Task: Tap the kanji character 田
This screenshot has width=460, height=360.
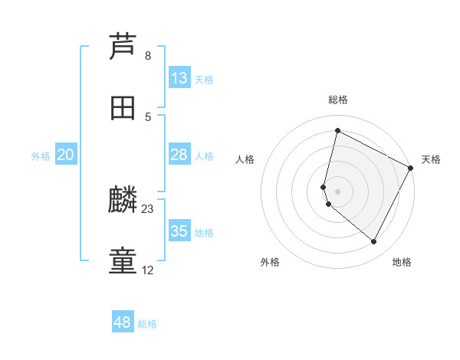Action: pos(123,108)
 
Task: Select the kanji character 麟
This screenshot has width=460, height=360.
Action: pos(123,201)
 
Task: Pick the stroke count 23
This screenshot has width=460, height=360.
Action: pos(148,209)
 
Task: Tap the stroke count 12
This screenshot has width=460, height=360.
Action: pos(148,270)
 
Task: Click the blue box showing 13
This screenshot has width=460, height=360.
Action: pos(179,78)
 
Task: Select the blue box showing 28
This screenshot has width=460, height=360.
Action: pos(179,155)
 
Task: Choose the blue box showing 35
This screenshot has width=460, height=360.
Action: pos(179,231)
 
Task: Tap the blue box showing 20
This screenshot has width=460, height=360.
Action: pos(66,155)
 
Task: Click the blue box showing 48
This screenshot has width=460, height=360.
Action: pos(123,322)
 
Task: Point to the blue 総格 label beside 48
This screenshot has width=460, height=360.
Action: pos(147,324)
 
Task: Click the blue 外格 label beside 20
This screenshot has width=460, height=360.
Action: pos(41,156)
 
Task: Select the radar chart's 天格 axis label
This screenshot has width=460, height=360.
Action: pos(431,159)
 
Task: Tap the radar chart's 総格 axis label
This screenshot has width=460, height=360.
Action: pos(337,100)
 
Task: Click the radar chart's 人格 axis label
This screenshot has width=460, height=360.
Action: pos(245,159)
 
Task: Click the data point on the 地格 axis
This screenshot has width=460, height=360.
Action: pos(373,242)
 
